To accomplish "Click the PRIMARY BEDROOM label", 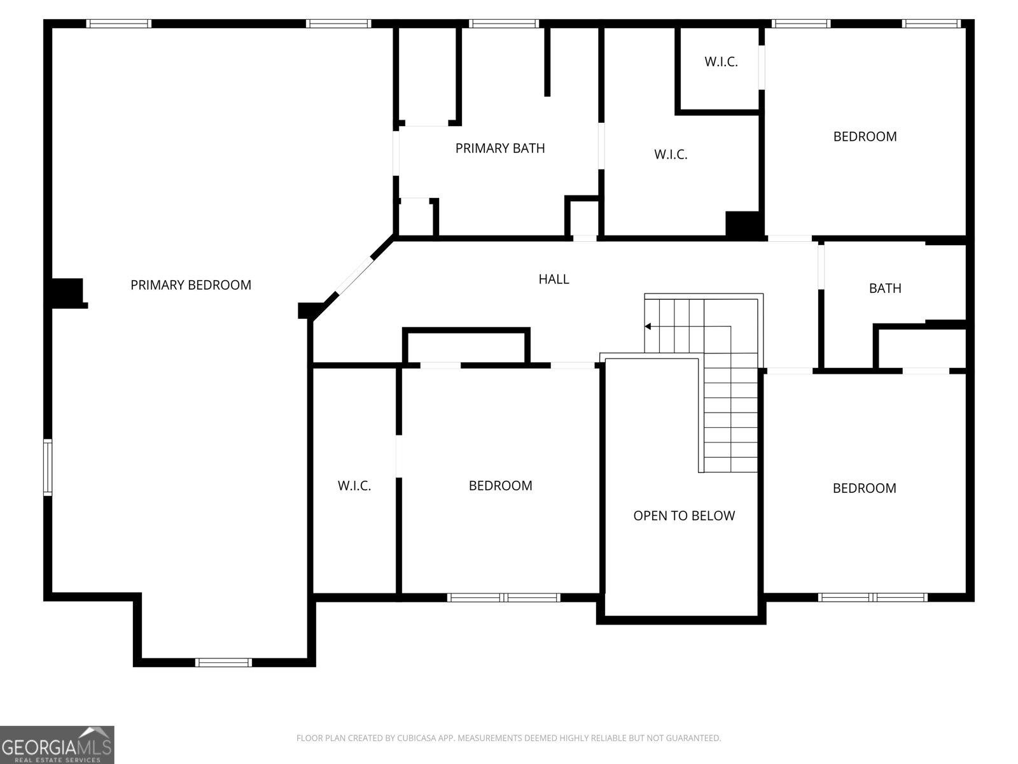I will [x=191, y=285].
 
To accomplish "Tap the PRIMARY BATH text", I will [x=500, y=148].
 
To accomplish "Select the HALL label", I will [x=554, y=279].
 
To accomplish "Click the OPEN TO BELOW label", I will [x=684, y=516].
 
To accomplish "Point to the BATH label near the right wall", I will [x=885, y=288].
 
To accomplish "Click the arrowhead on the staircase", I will [x=648, y=327].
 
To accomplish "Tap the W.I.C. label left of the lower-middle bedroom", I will [x=354, y=486].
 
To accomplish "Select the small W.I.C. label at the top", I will [x=721, y=62].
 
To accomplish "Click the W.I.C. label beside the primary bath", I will [x=671, y=154].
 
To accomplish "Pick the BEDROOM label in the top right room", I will [x=865, y=136].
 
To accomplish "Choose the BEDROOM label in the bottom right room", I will [x=864, y=488].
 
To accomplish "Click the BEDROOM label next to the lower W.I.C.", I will [x=500, y=486].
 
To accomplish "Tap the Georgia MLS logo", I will [x=57, y=744].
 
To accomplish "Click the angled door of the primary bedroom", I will [x=354, y=276].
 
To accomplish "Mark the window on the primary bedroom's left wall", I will [x=48, y=467].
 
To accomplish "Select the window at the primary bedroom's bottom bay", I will [x=223, y=662].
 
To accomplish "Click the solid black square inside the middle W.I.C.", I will [x=743, y=224].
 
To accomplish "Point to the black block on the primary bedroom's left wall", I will [x=67, y=293].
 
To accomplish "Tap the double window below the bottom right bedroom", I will [x=872, y=597].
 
